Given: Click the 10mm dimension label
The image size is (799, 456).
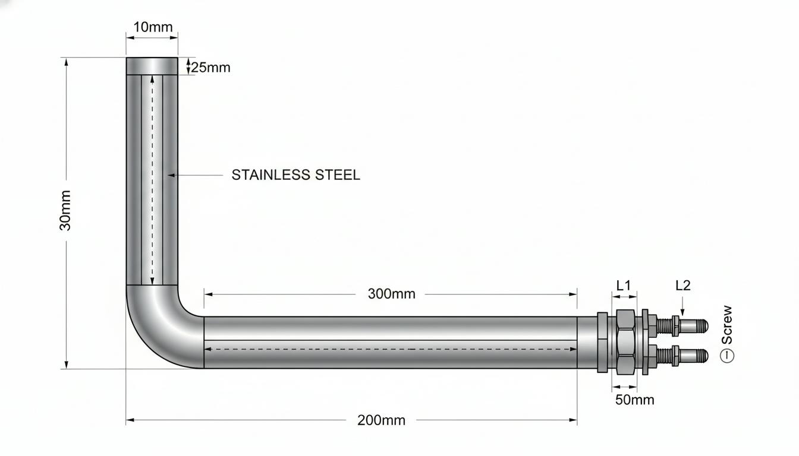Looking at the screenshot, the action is tap(153, 27).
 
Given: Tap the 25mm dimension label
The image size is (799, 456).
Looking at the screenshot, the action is tap(211, 68).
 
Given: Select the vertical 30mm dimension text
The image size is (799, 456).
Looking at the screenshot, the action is tap(65, 211).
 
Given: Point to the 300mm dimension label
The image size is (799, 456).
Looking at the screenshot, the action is tap(392, 294).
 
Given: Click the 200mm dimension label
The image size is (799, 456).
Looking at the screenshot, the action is tap(381, 420).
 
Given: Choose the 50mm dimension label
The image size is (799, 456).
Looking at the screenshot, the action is tap(635, 400).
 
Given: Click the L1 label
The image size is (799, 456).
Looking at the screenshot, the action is tap(624, 286).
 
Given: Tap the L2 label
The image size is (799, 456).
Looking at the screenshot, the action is tap(683, 286).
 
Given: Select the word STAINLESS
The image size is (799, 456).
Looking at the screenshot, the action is tap(270, 175).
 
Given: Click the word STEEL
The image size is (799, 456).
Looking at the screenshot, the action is tap(338, 175).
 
